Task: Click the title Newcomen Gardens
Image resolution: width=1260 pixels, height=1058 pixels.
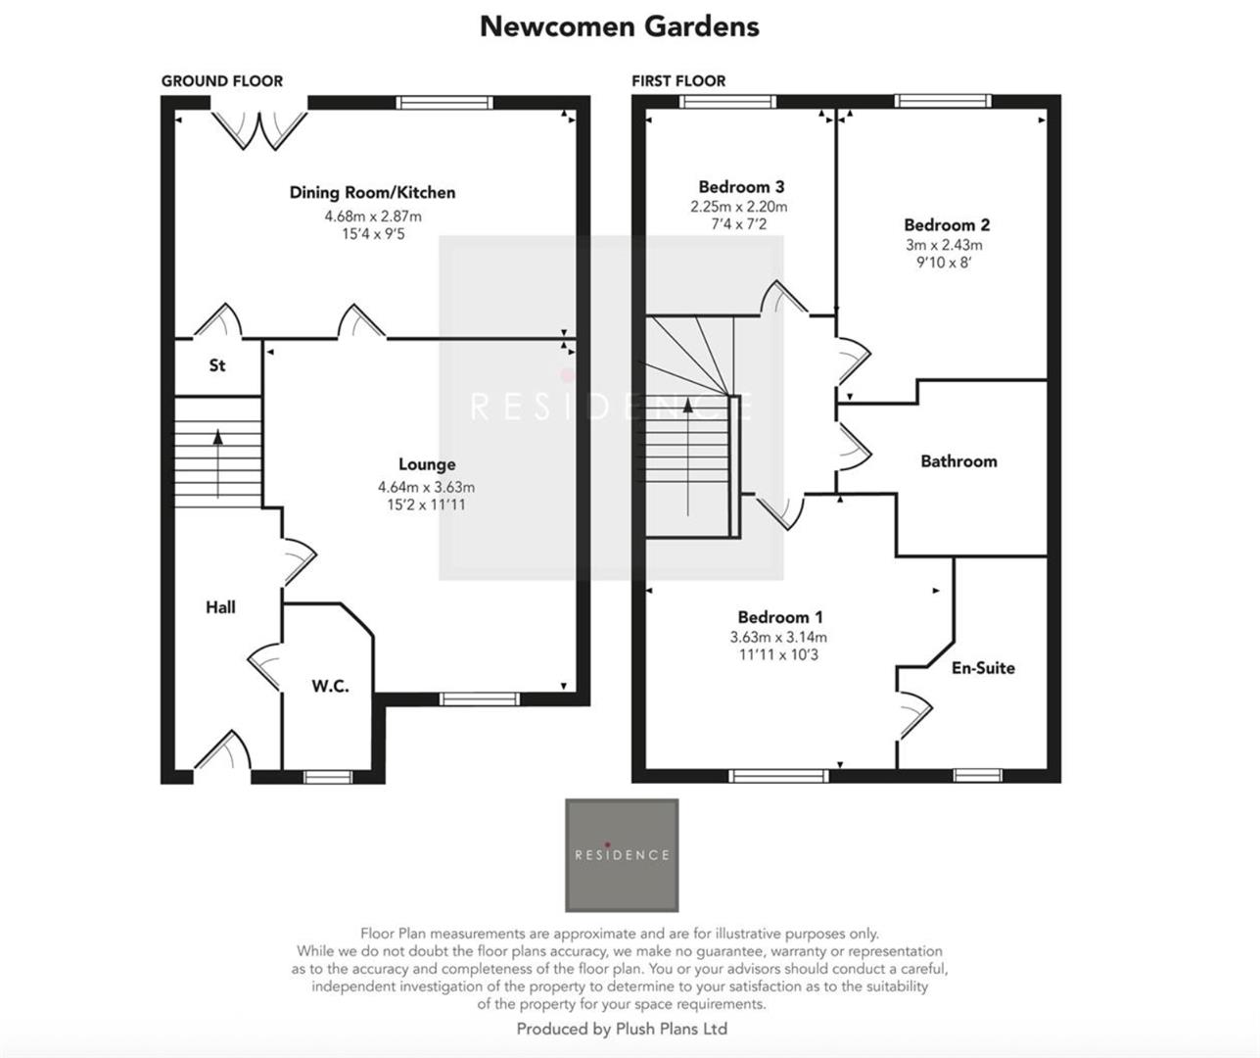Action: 619,26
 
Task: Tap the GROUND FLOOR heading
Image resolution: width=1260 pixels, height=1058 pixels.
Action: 222,81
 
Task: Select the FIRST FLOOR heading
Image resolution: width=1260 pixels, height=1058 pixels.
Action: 678,81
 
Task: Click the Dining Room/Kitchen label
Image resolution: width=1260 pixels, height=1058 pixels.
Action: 372,193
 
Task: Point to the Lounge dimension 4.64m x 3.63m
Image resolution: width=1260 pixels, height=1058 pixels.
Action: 426,487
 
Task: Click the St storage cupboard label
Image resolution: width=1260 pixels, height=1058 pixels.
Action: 217,365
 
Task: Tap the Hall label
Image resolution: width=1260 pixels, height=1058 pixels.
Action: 220,607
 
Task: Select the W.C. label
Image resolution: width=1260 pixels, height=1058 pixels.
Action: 330,687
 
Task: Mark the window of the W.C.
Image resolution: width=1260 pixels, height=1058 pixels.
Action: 326,777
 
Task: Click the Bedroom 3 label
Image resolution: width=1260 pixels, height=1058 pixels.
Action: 741,187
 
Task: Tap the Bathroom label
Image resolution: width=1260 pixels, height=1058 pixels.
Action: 958,461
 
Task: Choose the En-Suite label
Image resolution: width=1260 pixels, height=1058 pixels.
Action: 983,668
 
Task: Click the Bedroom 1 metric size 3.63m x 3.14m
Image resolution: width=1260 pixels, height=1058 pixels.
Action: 778,637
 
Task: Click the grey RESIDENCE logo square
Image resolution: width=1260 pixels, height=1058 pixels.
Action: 622,855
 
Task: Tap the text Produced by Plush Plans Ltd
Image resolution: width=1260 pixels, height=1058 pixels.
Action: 622,1029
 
